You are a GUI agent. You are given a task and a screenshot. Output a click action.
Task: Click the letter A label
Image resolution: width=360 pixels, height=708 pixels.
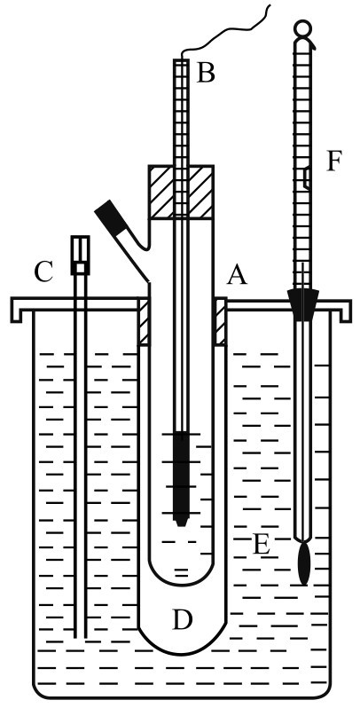[237, 274]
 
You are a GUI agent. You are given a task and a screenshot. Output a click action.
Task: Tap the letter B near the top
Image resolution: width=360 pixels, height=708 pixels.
[205, 72]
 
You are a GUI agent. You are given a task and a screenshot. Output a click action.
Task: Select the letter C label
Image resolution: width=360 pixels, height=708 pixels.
[44, 272]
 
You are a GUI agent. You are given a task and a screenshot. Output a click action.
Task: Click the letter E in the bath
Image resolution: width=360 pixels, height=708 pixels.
[261, 545]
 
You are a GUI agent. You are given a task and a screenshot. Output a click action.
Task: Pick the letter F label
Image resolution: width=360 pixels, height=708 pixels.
[334, 161]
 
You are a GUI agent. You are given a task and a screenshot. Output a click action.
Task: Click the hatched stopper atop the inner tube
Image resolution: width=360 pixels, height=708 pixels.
[181, 193]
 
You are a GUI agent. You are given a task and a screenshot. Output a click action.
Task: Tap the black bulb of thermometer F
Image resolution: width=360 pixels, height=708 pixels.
[304, 563]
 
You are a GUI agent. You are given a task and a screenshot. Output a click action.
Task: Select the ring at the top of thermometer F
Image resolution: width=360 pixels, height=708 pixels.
[302, 28]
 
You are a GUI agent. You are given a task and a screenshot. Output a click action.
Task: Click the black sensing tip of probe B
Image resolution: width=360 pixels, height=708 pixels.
[181, 478]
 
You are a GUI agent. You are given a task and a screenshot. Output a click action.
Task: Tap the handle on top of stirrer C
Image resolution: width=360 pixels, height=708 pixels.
[81, 256]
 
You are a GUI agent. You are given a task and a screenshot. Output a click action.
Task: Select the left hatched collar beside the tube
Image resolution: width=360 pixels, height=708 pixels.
[144, 321]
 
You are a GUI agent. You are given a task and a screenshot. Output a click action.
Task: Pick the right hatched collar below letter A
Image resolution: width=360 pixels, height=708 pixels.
[220, 321]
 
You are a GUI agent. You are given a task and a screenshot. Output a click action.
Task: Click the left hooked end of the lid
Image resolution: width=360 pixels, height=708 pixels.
[16, 311]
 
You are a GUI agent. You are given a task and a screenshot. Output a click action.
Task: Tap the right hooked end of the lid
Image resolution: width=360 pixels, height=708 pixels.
[345, 311]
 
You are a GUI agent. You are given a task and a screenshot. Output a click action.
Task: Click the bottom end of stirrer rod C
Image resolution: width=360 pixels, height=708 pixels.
[81, 638]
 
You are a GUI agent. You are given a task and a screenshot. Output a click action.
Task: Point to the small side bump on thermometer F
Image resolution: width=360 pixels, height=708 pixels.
[306, 177]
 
